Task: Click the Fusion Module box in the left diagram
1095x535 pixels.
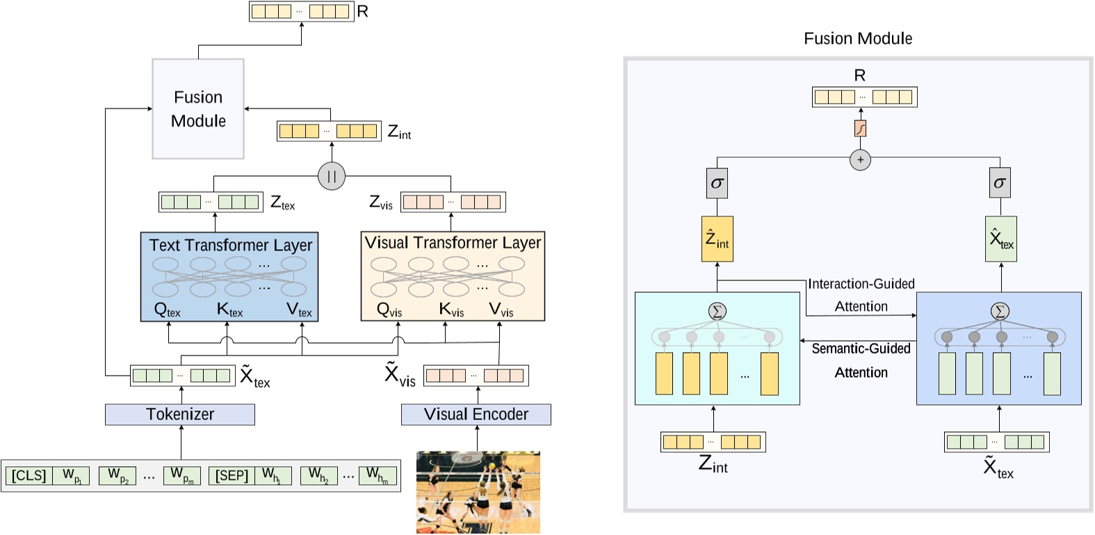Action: [198, 109]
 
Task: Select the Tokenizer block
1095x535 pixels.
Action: [180, 415]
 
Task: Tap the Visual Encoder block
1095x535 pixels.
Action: [476, 415]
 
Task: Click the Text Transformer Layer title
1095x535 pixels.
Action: [230, 245]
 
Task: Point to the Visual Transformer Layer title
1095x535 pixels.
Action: [453, 243]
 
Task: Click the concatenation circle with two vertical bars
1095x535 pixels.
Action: [332, 176]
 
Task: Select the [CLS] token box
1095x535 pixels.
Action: [29, 476]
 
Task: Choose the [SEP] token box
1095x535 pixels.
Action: [232, 476]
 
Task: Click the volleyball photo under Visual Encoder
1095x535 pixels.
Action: [478, 493]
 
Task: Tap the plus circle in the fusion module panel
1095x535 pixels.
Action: [860, 160]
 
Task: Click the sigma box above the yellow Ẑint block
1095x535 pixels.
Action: [717, 183]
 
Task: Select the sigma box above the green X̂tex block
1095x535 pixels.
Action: [1000, 183]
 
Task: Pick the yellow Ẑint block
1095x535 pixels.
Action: [717, 239]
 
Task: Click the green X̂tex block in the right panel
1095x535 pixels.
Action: [1000, 239]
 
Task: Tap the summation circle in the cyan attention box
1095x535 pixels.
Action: [717, 311]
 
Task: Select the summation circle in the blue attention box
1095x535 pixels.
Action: [1000, 311]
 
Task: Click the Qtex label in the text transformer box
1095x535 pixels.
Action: [167, 310]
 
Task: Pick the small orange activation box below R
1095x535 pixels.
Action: [860, 129]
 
